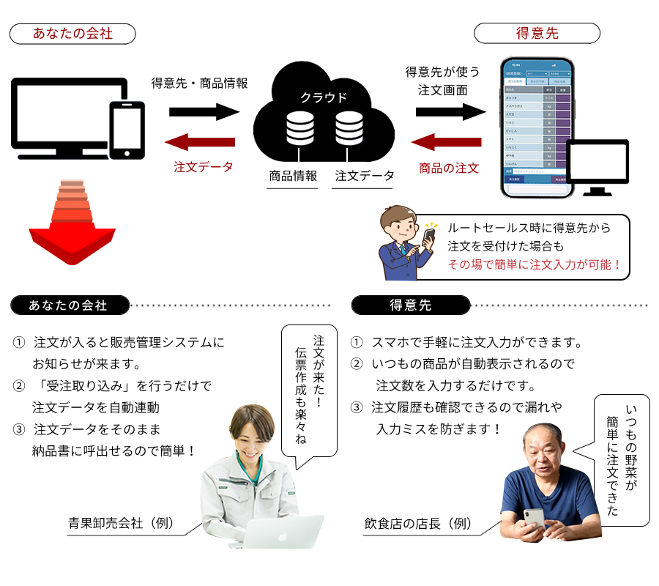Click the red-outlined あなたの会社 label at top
72,34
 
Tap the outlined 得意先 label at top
537,34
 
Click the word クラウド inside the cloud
324,97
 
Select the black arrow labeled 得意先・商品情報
204,112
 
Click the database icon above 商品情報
299,127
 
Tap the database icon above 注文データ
349,127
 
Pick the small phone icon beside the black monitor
126,130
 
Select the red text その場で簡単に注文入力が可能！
535,265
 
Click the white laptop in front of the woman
282,532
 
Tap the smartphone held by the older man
534,519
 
